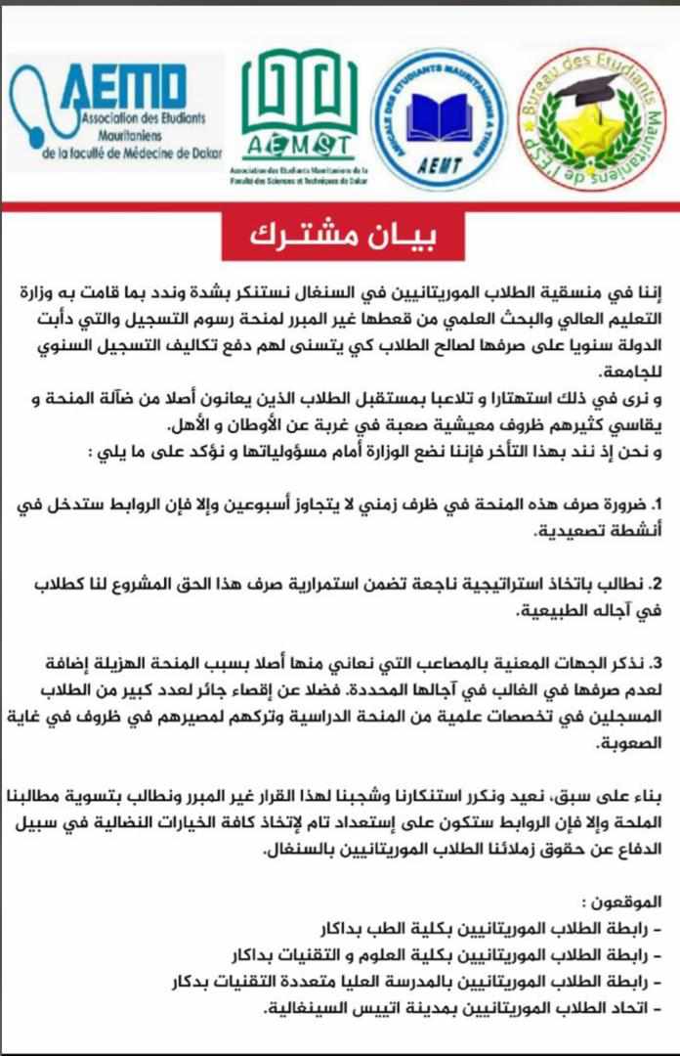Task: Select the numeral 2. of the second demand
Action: point(657,584)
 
